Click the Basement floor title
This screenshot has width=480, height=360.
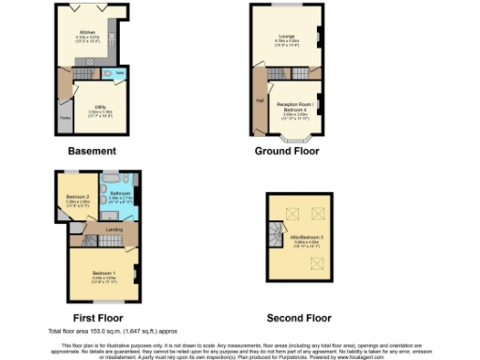pyautogui.click(x=91, y=150)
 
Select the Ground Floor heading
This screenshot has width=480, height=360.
pyautogui.click(x=287, y=150)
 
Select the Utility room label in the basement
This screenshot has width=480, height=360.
pyautogui.click(x=98, y=109)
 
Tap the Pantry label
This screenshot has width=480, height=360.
pyautogui.click(x=66, y=118)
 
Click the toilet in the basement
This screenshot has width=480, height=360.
pyautogui.click(x=120, y=72)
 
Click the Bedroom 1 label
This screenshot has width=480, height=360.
pyautogui.click(x=103, y=276)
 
